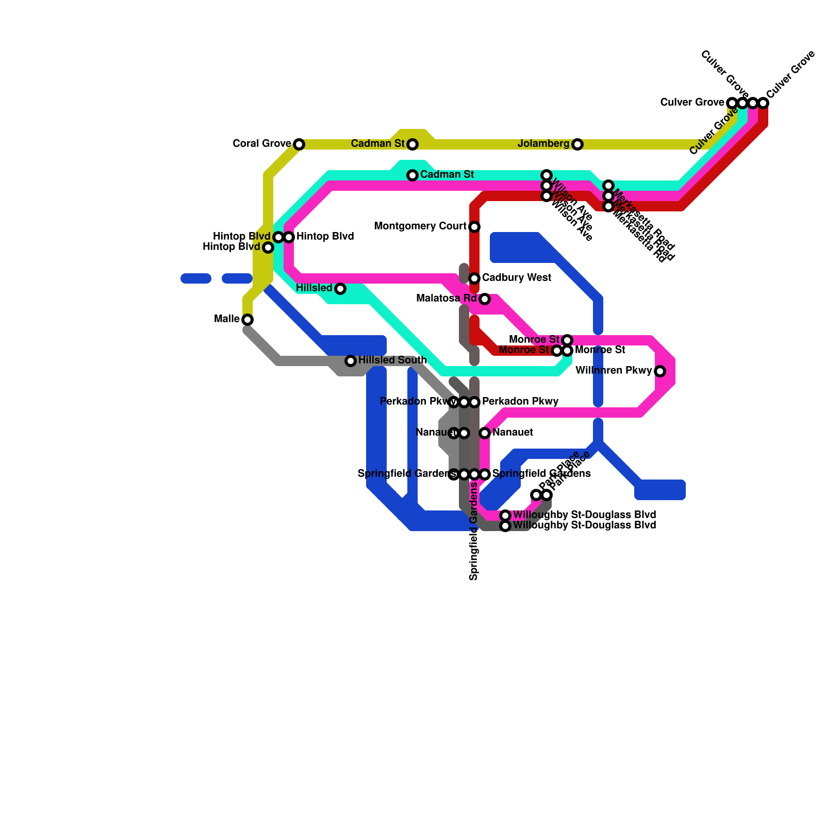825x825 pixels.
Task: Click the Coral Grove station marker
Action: [299, 144]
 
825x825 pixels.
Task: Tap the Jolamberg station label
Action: [543, 144]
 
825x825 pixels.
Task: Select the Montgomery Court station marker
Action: [474, 227]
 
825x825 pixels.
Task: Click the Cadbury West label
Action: [517, 278]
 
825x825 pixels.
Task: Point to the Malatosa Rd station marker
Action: [485, 299]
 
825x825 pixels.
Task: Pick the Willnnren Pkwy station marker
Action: [660, 371]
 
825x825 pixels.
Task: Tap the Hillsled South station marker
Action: [351, 361]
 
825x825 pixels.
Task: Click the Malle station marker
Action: [247, 320]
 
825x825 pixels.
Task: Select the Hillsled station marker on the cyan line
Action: [340, 289]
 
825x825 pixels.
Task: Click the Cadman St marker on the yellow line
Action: [412, 144]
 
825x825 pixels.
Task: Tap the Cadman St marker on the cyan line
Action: [412, 175]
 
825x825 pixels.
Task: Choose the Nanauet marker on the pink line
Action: [485, 433]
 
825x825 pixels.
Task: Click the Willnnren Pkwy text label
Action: [614, 371]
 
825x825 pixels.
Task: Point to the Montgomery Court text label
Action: [420, 226]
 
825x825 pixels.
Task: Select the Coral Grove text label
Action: [262, 144]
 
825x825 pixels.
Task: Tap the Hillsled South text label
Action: [392, 360]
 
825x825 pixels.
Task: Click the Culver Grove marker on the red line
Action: [763, 103]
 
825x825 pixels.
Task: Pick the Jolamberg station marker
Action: [577, 144]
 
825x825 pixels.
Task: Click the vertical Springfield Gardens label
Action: [474, 531]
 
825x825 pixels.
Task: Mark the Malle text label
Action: [227, 319]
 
